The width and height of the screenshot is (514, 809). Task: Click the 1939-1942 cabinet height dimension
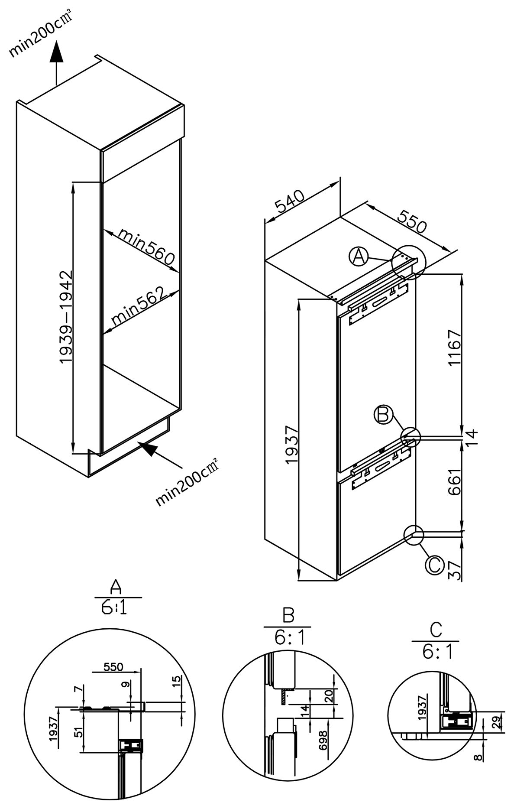click(x=65, y=317)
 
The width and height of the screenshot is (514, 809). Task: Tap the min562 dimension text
click(x=139, y=306)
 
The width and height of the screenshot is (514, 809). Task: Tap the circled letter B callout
click(x=384, y=415)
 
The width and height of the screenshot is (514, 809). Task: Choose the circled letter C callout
click(x=434, y=565)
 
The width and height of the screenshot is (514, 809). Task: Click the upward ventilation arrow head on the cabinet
click(x=56, y=53)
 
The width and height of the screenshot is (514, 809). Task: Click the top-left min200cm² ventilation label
click(x=40, y=35)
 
